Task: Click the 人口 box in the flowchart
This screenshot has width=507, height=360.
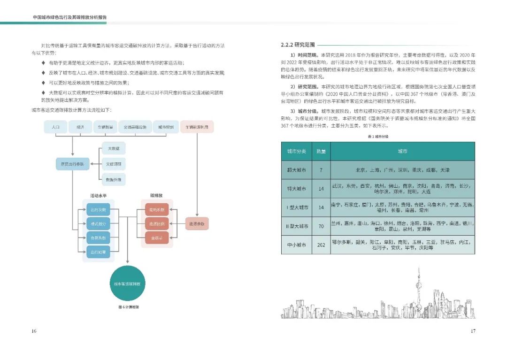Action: click(56, 127)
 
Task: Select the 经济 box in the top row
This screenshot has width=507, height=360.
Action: click(80, 127)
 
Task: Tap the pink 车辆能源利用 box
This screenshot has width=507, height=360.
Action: click(197, 127)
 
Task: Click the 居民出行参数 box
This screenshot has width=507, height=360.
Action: click(72, 164)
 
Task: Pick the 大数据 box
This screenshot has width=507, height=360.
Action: click(114, 149)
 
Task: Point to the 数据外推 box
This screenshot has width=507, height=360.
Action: click(114, 179)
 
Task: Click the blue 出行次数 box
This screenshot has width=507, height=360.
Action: click(98, 209)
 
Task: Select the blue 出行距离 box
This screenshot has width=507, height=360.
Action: click(98, 252)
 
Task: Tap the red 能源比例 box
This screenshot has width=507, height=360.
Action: click(157, 223)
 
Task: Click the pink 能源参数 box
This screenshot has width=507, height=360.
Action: click(197, 223)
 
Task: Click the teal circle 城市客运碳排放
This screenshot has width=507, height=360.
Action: click(128, 284)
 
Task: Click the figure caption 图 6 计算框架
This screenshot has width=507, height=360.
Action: click(128, 307)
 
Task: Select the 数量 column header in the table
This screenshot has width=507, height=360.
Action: click(321, 152)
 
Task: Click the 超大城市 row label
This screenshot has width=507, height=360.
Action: click(296, 170)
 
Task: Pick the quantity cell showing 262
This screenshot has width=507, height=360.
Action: click(321, 245)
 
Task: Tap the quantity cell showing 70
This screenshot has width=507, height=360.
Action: click(321, 226)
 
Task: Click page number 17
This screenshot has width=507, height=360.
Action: click(473, 331)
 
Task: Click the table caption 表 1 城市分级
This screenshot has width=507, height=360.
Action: click(378, 136)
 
